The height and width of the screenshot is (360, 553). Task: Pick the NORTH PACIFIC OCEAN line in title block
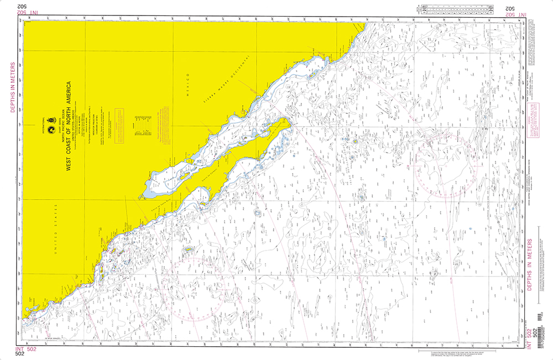click(62, 127)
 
